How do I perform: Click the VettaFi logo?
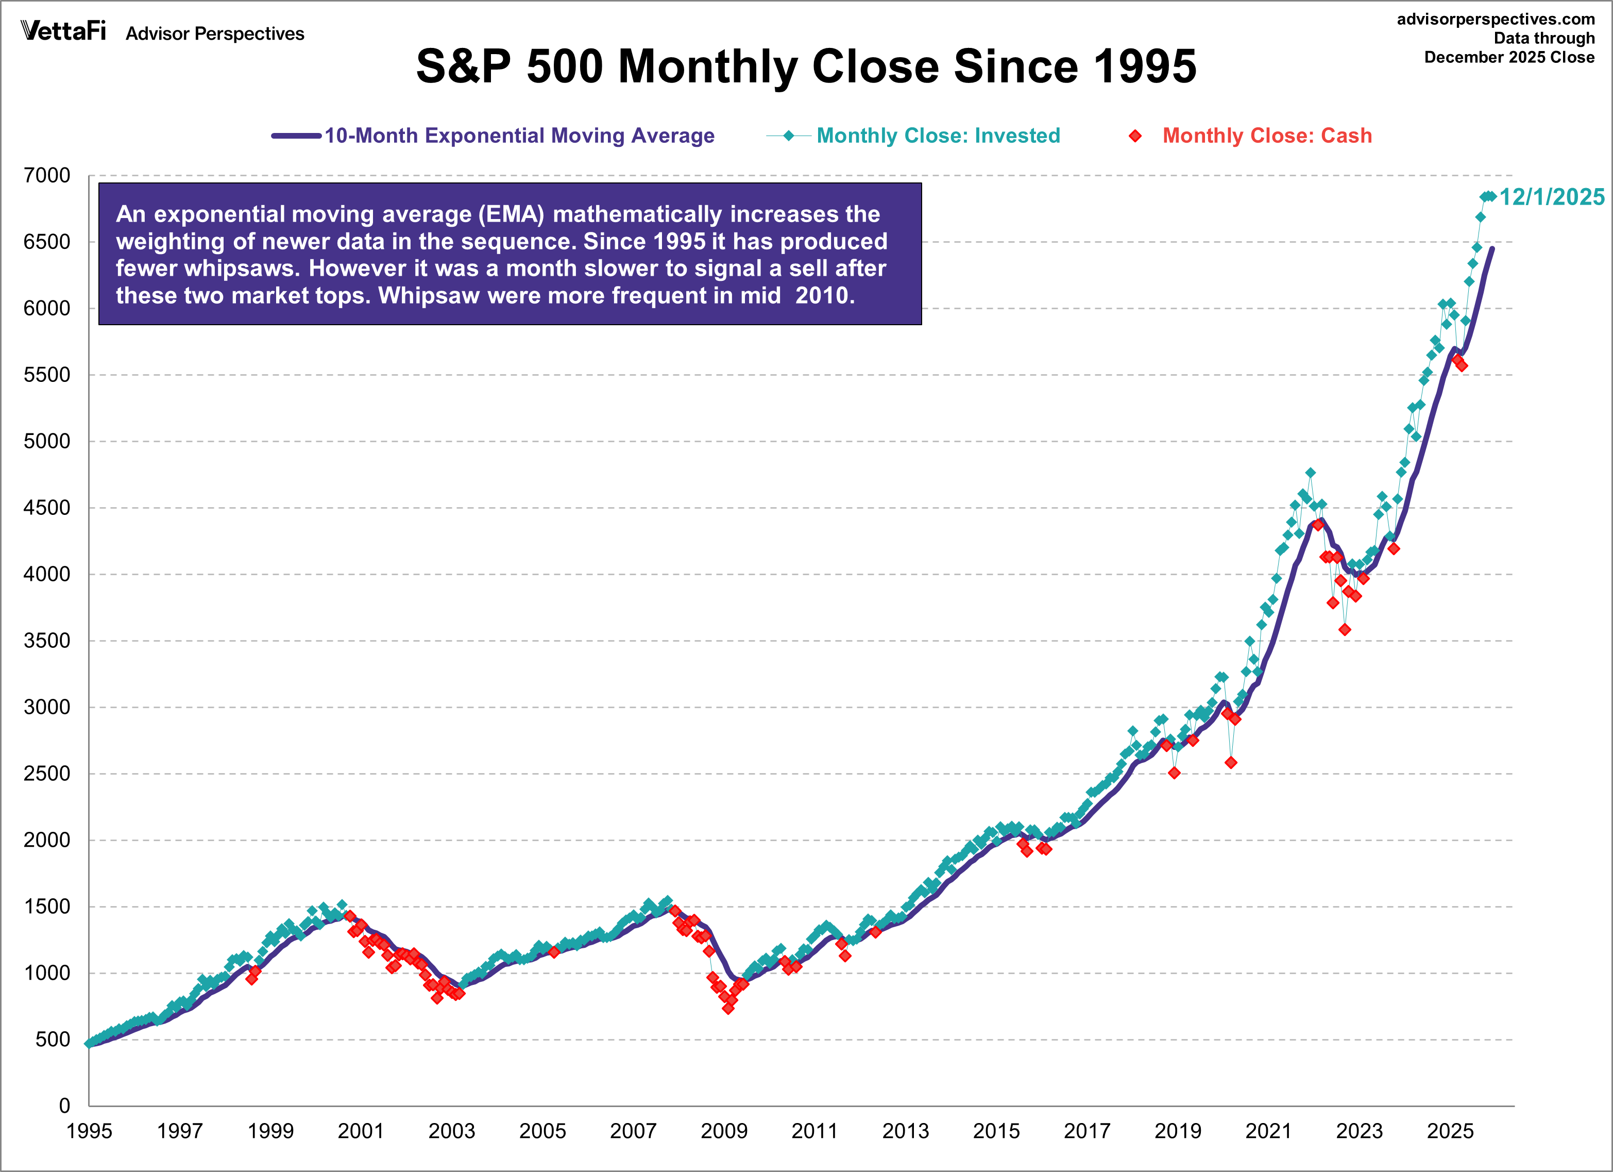click(x=63, y=31)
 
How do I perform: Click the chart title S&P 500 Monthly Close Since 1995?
click(x=806, y=66)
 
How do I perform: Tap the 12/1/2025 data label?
click(x=1551, y=197)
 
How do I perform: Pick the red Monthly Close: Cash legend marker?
click(x=1136, y=136)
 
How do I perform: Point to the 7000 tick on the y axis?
click(x=47, y=175)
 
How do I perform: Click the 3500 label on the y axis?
click(x=47, y=641)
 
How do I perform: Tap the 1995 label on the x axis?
click(x=89, y=1131)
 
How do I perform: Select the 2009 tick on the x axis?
click(x=724, y=1131)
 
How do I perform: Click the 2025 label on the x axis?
click(x=1450, y=1131)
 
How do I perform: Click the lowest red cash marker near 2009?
click(x=727, y=1008)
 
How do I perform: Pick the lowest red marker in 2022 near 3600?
click(x=1344, y=630)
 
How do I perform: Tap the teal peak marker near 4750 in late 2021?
click(x=1310, y=473)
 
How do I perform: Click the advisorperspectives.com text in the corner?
click(x=1495, y=19)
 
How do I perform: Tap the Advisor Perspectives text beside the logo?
click(x=215, y=34)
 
